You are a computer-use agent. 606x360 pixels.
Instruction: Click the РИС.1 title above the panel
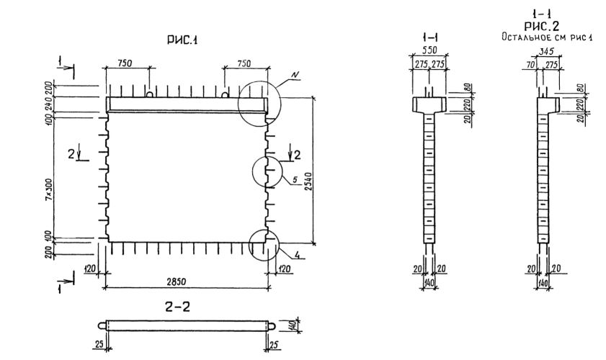tap(185, 42)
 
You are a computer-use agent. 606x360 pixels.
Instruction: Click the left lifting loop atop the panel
tap(150, 94)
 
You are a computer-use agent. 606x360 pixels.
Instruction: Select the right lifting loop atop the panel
tap(226, 94)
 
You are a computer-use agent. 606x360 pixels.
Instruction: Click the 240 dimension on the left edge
tap(48, 103)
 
